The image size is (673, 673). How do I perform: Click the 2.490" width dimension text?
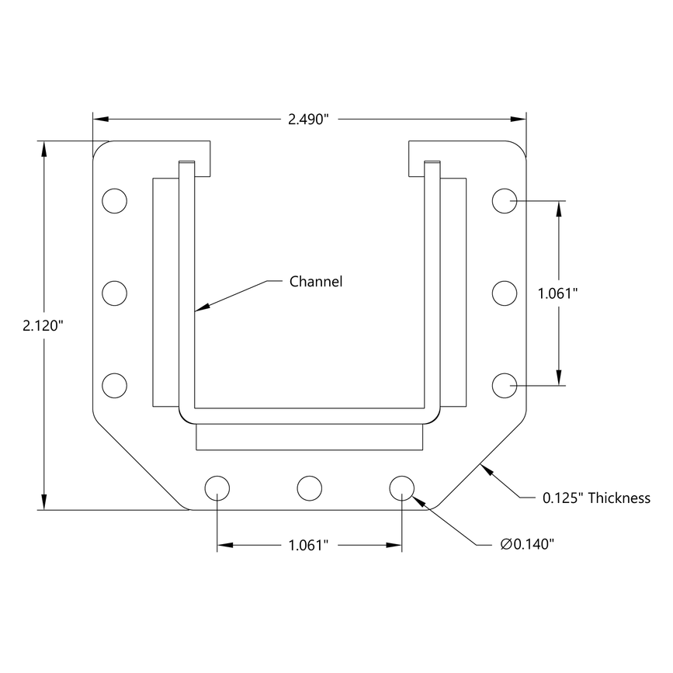pos(309,119)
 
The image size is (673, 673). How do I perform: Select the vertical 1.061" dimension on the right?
pos(559,293)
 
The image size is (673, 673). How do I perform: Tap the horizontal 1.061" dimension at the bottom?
pos(309,546)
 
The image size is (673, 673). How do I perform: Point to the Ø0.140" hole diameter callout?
pos(527,545)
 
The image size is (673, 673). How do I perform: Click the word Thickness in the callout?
pos(619,498)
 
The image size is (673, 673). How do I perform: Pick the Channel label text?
pos(315,281)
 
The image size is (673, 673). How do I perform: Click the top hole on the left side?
pos(114,200)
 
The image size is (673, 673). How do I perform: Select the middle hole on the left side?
pos(114,293)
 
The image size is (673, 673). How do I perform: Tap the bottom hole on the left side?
pos(114,385)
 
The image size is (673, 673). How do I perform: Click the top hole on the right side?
pos(505,200)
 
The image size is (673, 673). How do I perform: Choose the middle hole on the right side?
pos(505,293)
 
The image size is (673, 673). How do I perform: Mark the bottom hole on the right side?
pos(505,385)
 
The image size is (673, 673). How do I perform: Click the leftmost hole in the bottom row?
pos(217,488)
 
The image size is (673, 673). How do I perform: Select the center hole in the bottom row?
pos(309,488)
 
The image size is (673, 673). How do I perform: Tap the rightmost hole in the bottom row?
pos(401,488)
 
